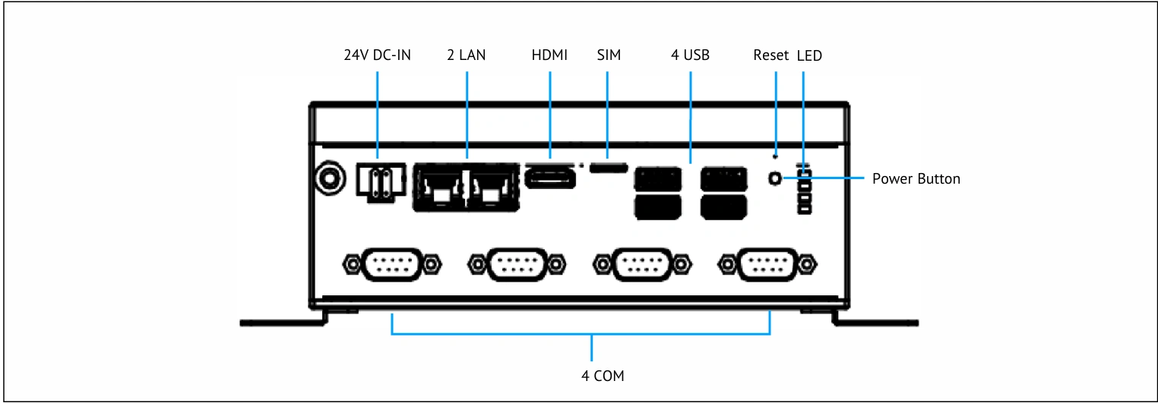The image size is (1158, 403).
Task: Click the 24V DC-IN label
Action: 378,55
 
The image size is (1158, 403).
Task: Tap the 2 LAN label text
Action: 467,55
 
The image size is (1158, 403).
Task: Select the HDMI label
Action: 549,55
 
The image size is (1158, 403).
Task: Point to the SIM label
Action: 609,55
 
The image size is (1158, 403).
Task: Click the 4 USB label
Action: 690,55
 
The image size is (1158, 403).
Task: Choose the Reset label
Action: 770,55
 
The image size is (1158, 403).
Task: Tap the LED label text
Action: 809,55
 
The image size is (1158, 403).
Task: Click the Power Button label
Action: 916,179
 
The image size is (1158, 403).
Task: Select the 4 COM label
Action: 603,376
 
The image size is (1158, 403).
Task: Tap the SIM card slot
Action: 609,168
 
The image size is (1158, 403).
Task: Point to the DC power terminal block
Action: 381,182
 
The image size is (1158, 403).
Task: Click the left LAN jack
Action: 441,187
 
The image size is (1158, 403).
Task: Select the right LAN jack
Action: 493,187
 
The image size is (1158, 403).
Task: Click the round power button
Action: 775,179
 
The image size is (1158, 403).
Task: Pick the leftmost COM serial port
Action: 392,265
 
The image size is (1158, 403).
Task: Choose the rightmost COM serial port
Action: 767,265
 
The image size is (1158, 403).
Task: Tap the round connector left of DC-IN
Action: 330,179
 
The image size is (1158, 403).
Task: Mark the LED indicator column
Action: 805,190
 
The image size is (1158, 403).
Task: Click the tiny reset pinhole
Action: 775,156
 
